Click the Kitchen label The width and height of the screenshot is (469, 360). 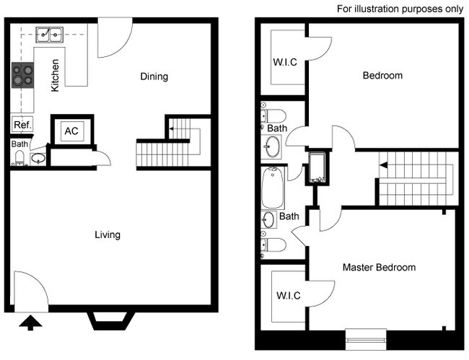tap(55, 76)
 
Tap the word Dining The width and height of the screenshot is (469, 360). tap(154, 76)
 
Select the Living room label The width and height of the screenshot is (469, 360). tap(108, 234)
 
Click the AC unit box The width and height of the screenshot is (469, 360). tap(71, 131)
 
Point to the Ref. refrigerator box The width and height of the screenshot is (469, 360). tap(22, 125)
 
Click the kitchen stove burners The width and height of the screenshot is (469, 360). tap(23, 75)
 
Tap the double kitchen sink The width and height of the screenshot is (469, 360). tap(48, 33)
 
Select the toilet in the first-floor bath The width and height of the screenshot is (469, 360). tap(19, 158)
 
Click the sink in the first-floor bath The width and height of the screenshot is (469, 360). tap(38, 158)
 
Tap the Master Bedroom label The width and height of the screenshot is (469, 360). tap(379, 267)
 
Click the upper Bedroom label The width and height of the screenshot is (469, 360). tap(382, 75)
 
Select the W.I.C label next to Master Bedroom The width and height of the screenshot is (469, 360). tap(288, 296)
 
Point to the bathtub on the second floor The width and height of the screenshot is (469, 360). tap(273, 187)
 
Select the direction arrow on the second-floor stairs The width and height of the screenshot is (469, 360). tap(385, 166)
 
